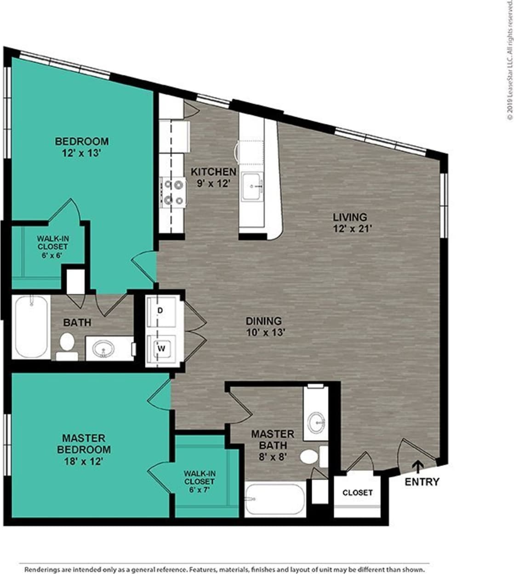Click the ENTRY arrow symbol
pos(418,466)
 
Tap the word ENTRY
pos(422,482)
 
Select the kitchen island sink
pos(252,187)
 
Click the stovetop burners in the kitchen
pos(173,192)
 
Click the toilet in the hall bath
pos(67,345)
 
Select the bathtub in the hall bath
pos(32,327)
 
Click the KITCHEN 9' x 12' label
pos(213,177)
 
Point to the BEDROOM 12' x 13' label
pos(81,147)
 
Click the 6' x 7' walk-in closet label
pos(199,481)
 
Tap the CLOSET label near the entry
pos(357,493)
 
